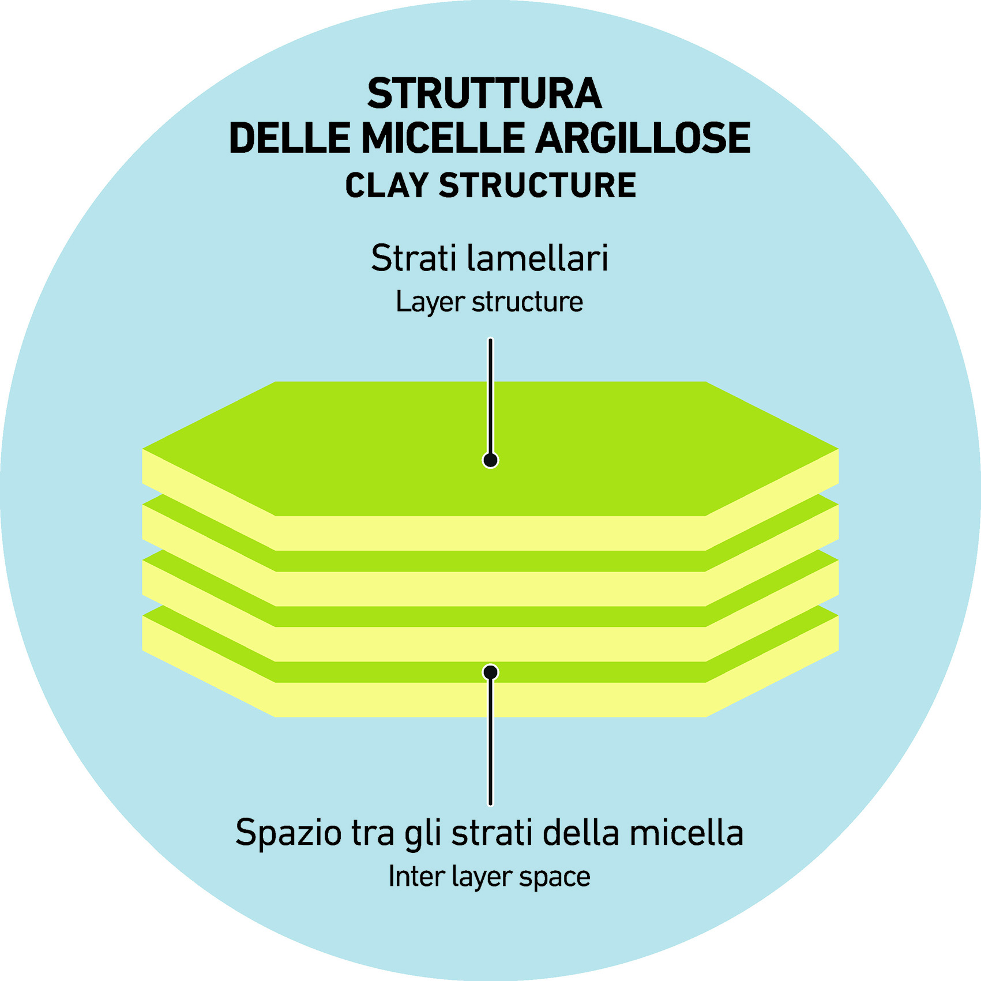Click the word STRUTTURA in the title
click(484, 93)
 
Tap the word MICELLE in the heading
click(443, 138)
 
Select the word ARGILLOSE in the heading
click(643, 138)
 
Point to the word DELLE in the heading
click(290, 138)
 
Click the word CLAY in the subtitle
click(386, 186)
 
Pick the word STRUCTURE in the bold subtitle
click(537, 186)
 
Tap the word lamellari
click(538, 258)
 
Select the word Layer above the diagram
click(430, 302)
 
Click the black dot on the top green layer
click(490, 460)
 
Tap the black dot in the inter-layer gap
click(490, 672)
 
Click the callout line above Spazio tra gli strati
click(490, 744)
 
